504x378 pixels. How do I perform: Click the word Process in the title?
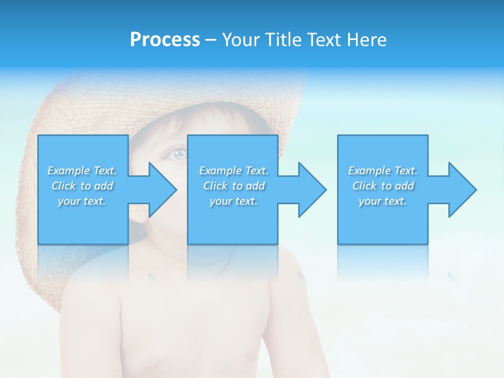point(165,40)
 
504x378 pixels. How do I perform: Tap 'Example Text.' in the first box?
point(82,171)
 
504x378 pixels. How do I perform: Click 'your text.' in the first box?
point(82,201)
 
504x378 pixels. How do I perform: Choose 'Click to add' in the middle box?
point(234,186)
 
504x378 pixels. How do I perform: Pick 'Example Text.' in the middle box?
point(234,171)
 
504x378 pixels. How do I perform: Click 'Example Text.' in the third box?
point(383,171)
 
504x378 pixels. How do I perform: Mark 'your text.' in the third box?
point(383,201)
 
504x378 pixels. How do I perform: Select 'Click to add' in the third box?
point(383,186)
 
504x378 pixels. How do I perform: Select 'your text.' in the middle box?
point(234,201)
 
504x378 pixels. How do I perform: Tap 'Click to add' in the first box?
point(82,186)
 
